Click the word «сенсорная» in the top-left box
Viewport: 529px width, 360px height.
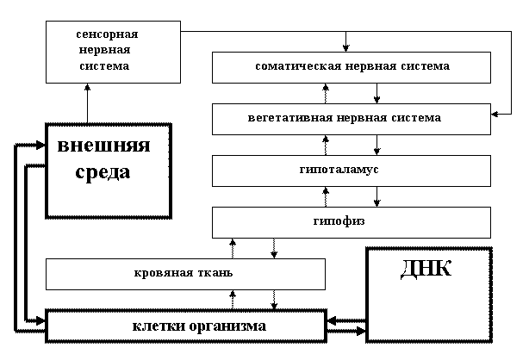107,34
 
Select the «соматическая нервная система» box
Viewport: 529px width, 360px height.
352,67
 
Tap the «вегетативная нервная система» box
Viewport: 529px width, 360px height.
352,119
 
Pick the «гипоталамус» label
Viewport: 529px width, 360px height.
339,170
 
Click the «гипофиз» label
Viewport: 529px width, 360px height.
339,221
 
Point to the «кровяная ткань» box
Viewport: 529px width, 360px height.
185,274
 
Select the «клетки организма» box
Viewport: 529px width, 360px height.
186,326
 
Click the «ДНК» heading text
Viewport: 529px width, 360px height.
426,269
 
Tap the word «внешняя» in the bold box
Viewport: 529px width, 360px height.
103,146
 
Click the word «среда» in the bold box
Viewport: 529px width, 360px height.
103,172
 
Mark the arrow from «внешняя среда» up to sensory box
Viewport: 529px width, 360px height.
87,103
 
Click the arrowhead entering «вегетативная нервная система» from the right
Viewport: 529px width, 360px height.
495,114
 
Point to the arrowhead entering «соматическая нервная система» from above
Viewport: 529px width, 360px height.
345,48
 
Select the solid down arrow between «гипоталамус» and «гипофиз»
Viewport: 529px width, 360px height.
377,196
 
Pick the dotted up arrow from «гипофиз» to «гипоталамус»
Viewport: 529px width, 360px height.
326,196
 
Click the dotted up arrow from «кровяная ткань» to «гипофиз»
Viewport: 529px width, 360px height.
233,249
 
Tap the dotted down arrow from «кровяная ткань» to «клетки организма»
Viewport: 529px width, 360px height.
274,300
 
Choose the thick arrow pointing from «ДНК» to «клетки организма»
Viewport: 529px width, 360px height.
347,320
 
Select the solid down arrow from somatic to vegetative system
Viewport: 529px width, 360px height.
377,94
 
